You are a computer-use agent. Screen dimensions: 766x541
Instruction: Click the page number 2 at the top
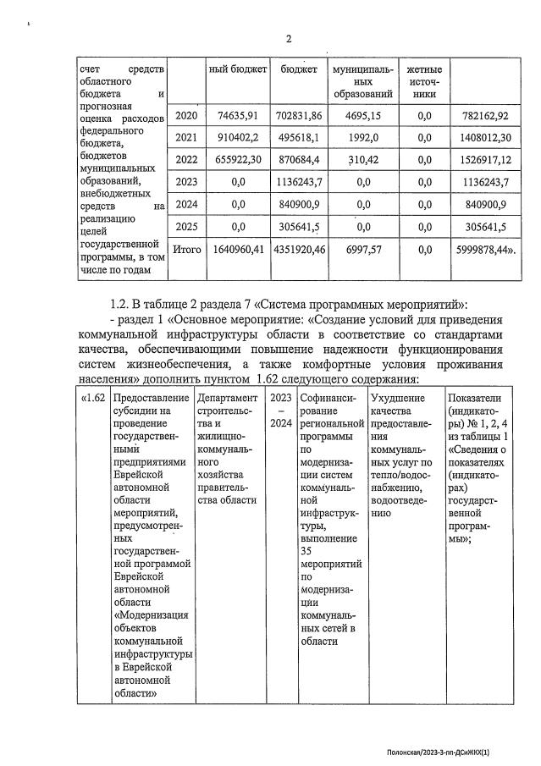[x=288, y=39]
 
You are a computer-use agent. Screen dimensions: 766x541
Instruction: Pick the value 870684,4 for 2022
[x=301, y=159]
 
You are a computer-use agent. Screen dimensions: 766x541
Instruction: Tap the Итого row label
[x=186, y=251]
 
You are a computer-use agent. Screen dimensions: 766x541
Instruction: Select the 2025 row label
[x=185, y=227]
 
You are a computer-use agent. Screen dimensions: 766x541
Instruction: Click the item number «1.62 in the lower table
[x=93, y=397]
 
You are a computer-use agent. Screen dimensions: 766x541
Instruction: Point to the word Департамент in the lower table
[x=227, y=397]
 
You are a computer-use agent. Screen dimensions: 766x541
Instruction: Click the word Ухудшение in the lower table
[x=398, y=397]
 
